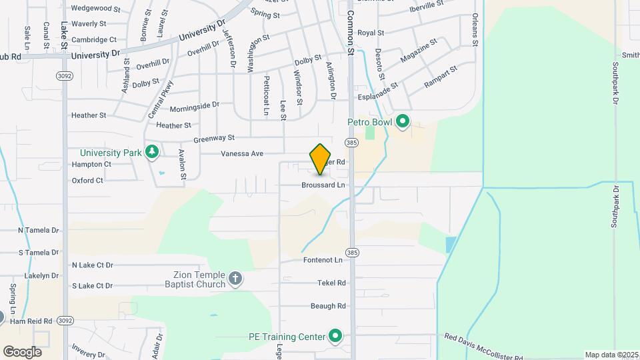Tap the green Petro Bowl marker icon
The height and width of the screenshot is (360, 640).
(402, 122)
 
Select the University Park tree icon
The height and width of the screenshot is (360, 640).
(153, 152)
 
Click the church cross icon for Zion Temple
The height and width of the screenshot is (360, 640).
(235, 279)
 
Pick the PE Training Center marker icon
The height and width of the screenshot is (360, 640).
(335, 336)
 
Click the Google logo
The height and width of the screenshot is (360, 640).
(22, 351)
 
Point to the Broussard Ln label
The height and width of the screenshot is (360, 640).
(323, 185)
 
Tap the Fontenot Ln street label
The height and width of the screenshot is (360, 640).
(323, 260)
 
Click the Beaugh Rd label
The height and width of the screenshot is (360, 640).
(328, 306)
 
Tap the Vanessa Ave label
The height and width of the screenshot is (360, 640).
(242, 154)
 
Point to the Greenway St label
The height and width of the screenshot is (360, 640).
(214, 139)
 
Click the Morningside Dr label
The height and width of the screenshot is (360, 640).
(194, 107)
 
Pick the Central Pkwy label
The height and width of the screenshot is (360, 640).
(161, 100)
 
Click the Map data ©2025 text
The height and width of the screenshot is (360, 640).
(611, 355)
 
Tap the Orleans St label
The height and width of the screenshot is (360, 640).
(475, 29)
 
